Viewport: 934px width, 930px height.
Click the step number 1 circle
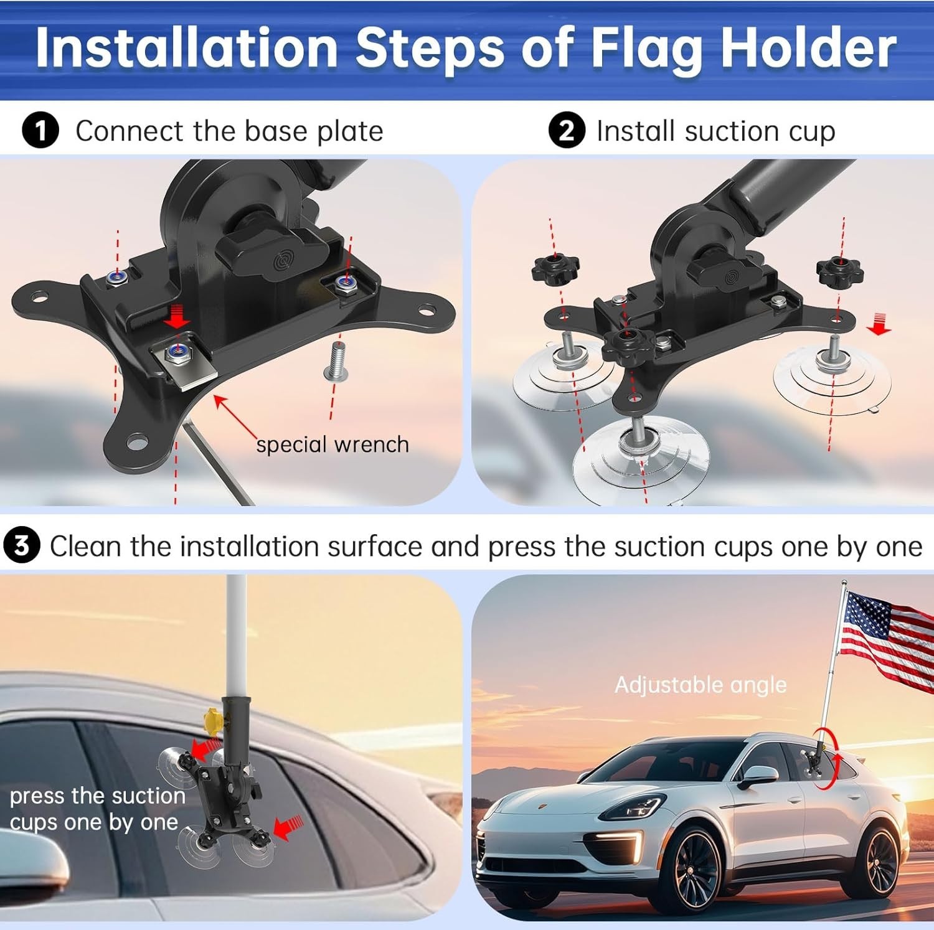tap(40, 131)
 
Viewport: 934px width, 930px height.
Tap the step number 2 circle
tap(566, 131)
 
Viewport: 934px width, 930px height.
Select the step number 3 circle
tap(22, 546)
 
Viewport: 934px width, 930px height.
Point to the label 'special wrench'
tap(333, 444)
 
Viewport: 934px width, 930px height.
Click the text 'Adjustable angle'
tap(700, 685)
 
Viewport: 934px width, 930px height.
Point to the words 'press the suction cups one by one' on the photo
tap(97, 809)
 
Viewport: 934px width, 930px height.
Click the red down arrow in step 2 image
tap(879, 324)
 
